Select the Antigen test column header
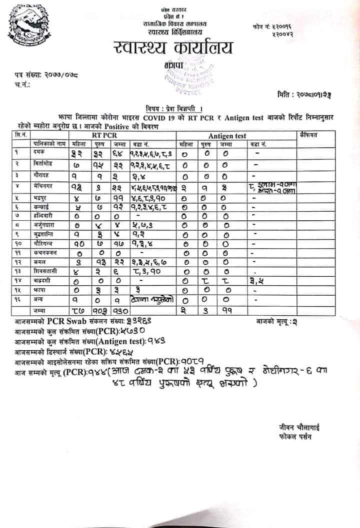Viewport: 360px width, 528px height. tap(227, 136)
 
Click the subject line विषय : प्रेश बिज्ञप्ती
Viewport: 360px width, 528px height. tap(174, 108)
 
